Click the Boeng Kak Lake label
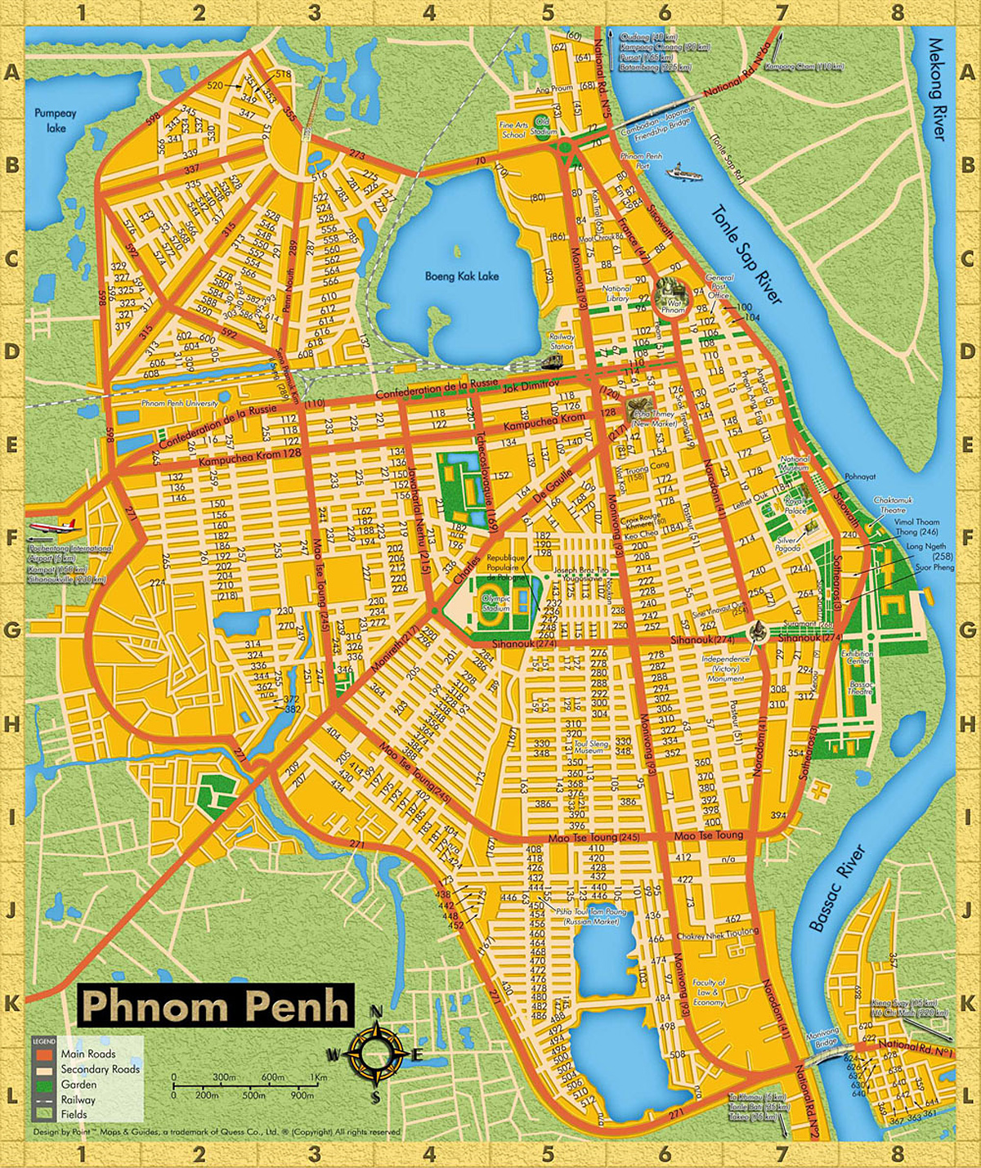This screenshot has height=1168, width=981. tap(462, 276)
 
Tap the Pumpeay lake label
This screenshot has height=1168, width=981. tap(56, 121)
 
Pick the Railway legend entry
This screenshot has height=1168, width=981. tap(78, 1099)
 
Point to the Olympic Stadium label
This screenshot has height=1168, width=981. tap(495, 603)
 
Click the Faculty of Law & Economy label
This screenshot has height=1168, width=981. tap(709, 992)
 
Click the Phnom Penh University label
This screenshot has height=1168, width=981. tap(180, 403)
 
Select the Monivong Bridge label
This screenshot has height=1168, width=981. tap(822, 1036)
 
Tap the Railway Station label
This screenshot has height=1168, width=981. tap(561, 341)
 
